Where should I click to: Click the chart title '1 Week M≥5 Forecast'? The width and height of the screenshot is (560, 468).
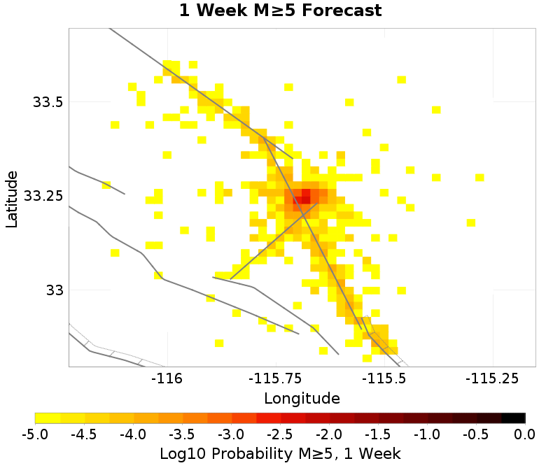click(x=280, y=11)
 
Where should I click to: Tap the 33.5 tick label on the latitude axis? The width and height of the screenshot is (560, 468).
click(x=48, y=102)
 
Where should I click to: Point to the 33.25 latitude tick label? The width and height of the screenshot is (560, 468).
click(x=43, y=196)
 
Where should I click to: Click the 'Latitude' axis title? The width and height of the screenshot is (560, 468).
click(x=12, y=197)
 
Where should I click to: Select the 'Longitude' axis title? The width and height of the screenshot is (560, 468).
click(x=302, y=399)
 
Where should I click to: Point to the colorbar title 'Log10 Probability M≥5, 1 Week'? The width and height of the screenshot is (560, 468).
click(x=280, y=453)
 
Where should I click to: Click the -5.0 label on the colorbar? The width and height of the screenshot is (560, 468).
click(x=35, y=434)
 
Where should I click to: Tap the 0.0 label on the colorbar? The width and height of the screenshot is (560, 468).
click(x=525, y=434)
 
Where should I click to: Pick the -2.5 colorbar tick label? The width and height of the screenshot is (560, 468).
click(x=280, y=434)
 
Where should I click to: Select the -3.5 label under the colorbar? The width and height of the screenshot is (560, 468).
click(x=182, y=434)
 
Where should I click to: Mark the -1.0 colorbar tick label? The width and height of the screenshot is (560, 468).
click(x=427, y=434)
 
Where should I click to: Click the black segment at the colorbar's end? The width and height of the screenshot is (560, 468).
click(x=513, y=418)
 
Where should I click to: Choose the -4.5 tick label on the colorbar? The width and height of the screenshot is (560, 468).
click(x=84, y=434)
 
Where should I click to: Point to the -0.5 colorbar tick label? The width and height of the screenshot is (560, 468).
click(x=476, y=434)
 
